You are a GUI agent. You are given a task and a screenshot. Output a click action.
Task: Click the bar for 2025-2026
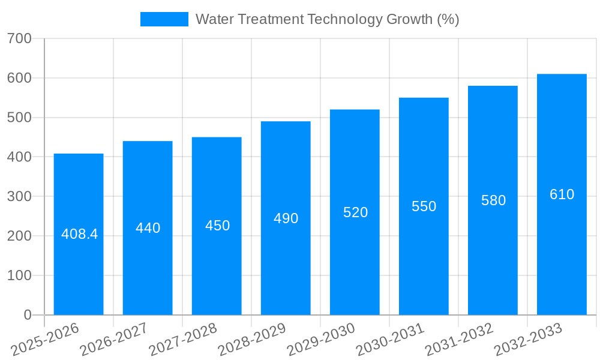[x=79, y=234]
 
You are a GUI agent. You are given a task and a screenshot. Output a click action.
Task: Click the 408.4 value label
[x=79, y=234]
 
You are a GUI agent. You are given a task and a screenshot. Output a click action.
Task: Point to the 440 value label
[x=148, y=228]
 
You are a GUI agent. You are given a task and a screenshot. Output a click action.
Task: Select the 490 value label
[x=286, y=218]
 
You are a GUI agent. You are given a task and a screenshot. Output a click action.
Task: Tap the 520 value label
[x=355, y=212]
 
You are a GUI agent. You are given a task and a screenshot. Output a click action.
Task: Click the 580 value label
[x=493, y=200]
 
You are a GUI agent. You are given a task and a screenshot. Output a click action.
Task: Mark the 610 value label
[x=562, y=194]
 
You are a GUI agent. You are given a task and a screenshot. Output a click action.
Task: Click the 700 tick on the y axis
[x=20, y=38]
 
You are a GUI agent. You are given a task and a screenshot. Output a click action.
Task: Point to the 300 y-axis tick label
[x=20, y=196]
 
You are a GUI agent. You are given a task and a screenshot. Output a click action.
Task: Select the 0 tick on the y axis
[x=28, y=315]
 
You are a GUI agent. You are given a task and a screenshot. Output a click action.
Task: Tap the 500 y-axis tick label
[x=20, y=118]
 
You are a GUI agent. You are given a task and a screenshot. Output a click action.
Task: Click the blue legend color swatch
[x=164, y=19]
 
